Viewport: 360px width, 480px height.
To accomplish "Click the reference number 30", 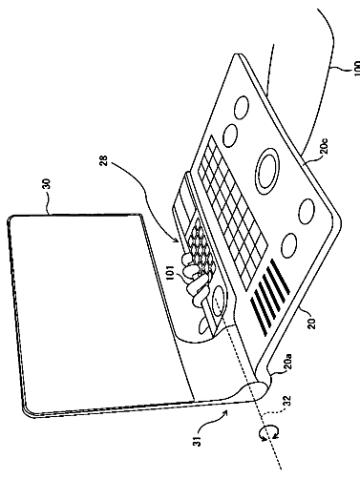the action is coord(47,184).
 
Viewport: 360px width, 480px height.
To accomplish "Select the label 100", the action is coord(356,69).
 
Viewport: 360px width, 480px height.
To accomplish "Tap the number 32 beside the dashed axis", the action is coord(286,402).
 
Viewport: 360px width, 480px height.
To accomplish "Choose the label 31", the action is coord(198,441).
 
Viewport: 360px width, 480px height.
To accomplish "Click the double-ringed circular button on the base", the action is coord(268,171).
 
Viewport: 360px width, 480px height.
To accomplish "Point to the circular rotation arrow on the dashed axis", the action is coord(269,434).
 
